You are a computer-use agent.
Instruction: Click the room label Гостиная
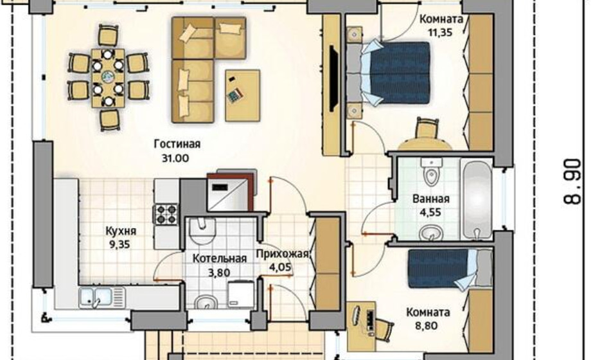click(x=177, y=145)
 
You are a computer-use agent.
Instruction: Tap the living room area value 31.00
click(x=175, y=159)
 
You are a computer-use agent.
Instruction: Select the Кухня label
click(x=121, y=231)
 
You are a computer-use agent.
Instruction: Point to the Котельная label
click(x=219, y=258)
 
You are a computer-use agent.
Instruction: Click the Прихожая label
click(x=282, y=253)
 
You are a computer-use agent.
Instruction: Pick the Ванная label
click(x=431, y=199)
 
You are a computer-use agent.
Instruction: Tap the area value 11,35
click(x=440, y=32)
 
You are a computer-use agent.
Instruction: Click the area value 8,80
click(x=427, y=325)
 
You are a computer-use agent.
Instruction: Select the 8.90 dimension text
click(x=572, y=181)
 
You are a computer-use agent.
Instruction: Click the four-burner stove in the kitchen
click(x=165, y=214)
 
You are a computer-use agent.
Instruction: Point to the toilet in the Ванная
click(x=431, y=172)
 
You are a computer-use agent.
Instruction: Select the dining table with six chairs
click(x=108, y=78)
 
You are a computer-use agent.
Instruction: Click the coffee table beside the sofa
click(x=243, y=96)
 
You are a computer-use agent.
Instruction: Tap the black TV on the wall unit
click(x=333, y=78)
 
